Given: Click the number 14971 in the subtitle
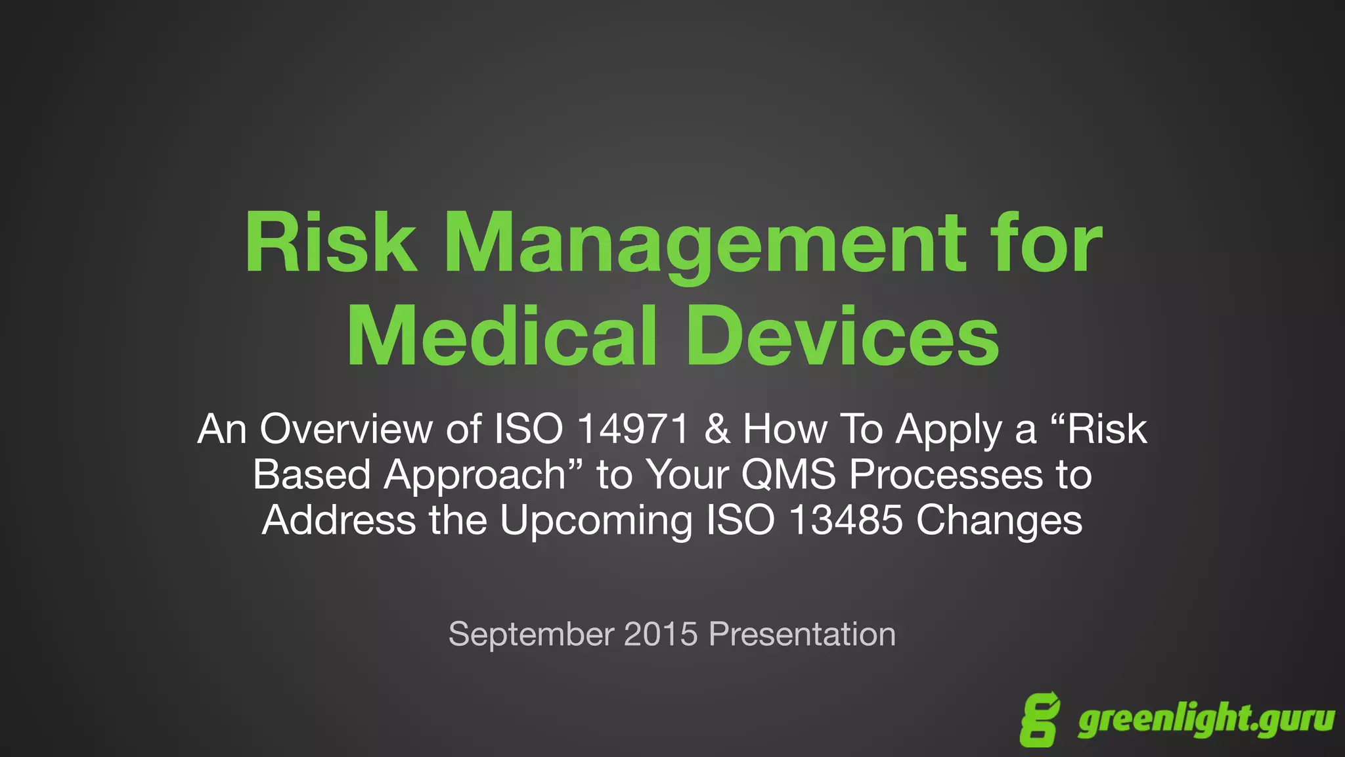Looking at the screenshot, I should click(633, 429).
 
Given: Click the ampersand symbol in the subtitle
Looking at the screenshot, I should click(716, 429).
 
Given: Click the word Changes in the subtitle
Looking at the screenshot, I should click(999, 521).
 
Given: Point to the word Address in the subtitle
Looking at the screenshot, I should click(339, 520).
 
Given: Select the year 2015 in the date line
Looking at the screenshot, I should click(661, 634).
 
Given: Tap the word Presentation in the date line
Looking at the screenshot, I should click(802, 634).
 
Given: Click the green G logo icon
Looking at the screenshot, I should click(1040, 719).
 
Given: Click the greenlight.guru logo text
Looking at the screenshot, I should click(1206, 720).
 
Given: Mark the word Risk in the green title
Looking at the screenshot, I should click(330, 244).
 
